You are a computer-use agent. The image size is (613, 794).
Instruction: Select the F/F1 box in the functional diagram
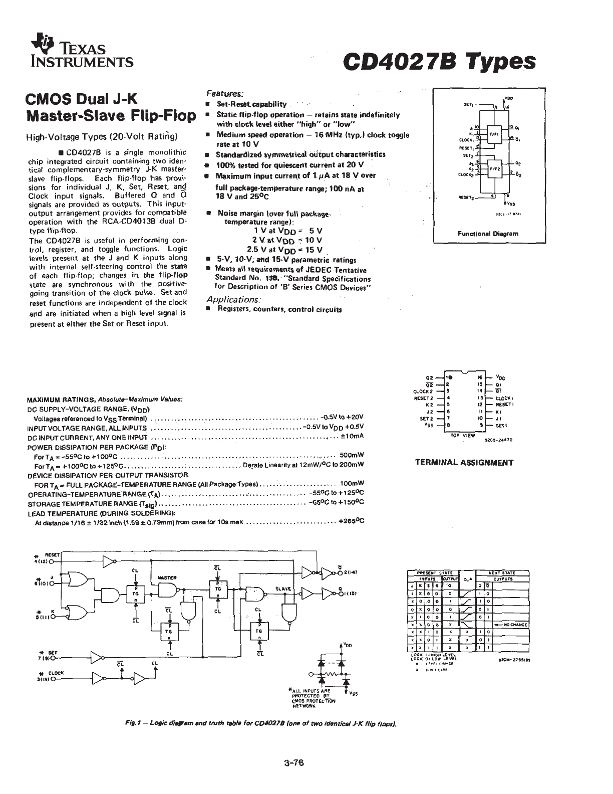tap(493, 134)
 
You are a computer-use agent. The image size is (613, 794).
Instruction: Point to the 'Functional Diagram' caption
tap(488, 234)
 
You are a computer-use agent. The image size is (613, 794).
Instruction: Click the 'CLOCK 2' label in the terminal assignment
tap(423, 391)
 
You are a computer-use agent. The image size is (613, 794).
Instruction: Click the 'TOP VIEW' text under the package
tap(463, 436)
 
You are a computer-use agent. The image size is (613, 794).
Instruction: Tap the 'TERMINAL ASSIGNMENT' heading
tap(464, 463)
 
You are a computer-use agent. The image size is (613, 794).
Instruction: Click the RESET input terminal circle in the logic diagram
tap(52, 562)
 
